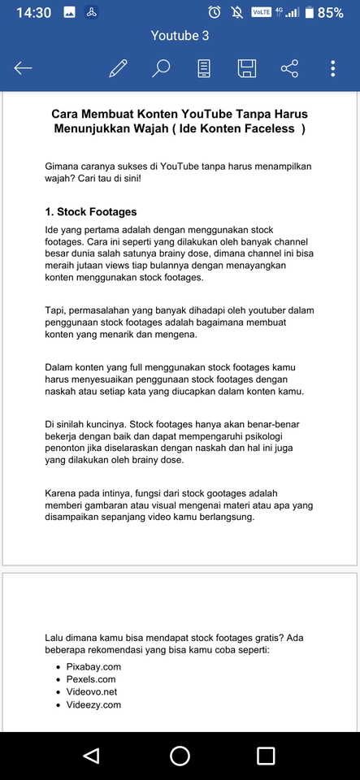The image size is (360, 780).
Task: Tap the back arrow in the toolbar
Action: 24,68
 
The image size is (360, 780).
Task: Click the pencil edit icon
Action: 118,68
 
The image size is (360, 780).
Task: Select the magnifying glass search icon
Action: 161,68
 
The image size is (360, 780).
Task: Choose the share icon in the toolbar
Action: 289,68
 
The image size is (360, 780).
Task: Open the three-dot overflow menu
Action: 333,68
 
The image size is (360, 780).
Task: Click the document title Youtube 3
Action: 180,36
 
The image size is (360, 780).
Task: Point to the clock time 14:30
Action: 33,12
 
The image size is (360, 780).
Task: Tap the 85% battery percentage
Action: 330,12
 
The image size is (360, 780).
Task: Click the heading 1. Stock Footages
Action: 91,212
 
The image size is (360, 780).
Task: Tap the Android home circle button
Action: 180,756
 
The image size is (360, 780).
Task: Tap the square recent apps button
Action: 266,756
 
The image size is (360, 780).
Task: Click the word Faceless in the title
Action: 272,128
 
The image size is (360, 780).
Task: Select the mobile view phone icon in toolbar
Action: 204,68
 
